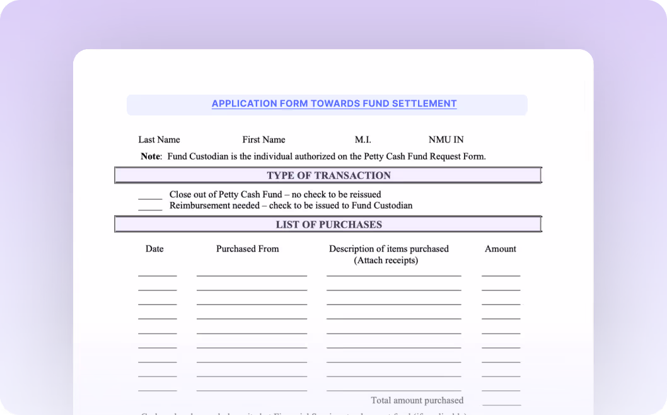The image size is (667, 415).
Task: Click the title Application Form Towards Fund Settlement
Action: click(334, 104)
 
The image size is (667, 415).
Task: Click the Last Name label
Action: click(159, 140)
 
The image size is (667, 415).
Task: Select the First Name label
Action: click(264, 140)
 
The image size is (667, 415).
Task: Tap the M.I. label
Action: click(362, 140)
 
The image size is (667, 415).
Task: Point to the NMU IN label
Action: click(446, 140)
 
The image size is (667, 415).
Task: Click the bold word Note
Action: click(151, 156)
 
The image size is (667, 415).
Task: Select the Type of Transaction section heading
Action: click(328, 175)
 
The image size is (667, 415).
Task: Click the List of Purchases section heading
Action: click(328, 225)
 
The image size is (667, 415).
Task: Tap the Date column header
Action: click(154, 249)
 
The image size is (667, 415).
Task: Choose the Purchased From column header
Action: click(247, 249)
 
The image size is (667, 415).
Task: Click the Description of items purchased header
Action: click(388, 249)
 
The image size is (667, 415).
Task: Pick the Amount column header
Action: click(501, 249)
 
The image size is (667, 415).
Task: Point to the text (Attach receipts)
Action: click(386, 260)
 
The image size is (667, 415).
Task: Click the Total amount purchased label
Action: click(417, 400)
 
